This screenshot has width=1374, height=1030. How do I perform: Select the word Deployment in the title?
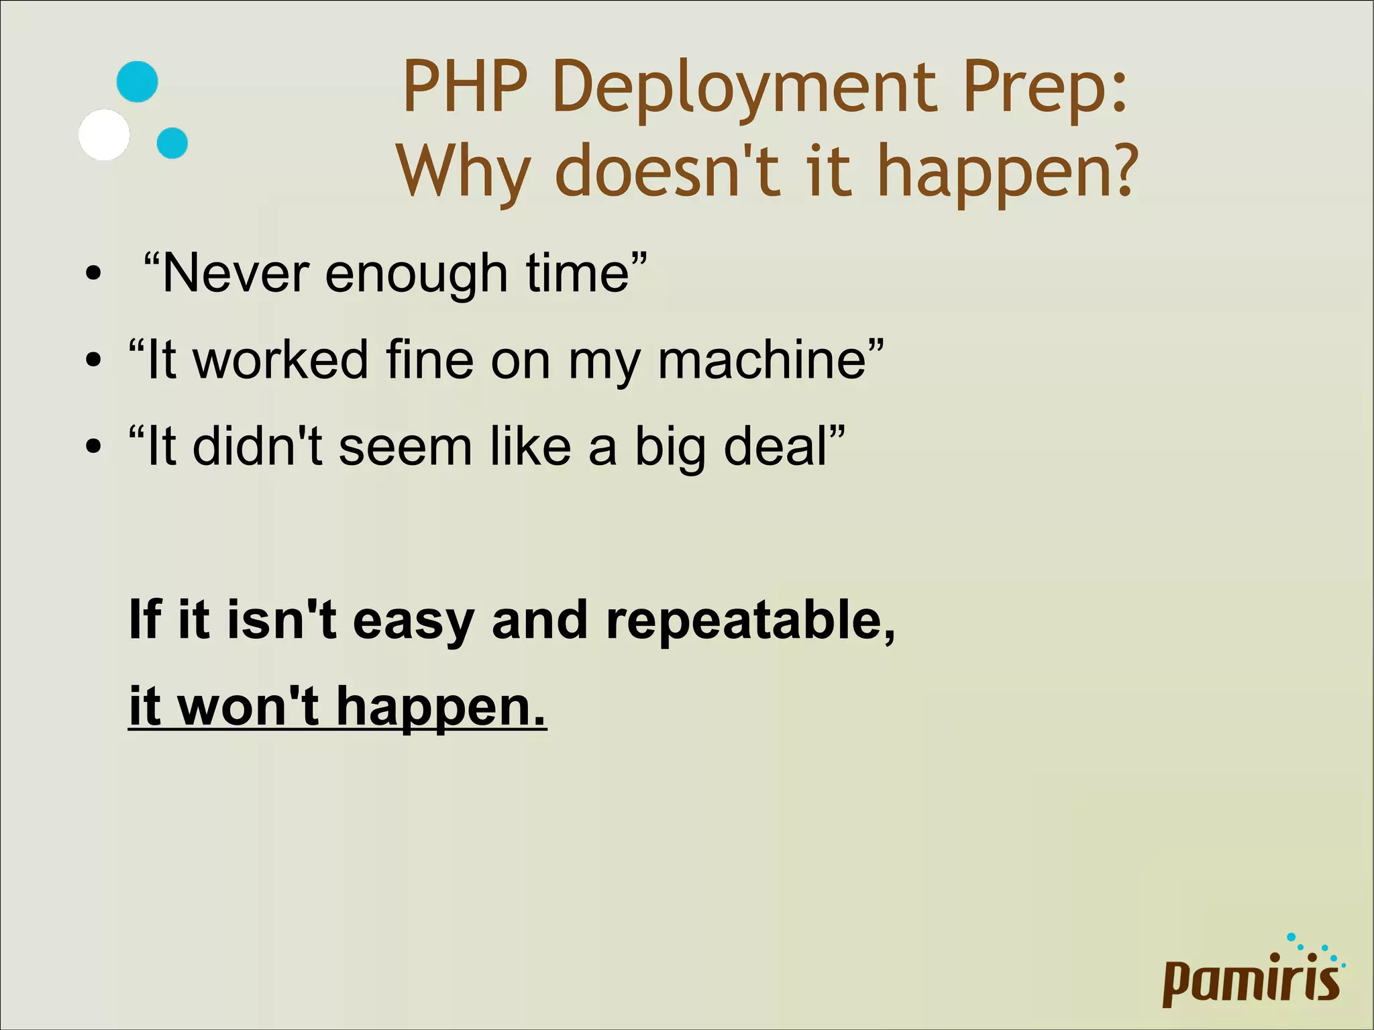(744, 89)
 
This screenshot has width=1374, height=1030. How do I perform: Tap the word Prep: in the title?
(1045, 89)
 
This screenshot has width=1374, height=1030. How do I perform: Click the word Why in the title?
(463, 173)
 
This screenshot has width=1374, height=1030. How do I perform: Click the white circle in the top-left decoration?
(104, 135)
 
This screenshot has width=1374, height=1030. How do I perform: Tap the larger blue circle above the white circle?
(138, 82)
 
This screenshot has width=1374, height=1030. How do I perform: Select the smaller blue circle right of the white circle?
(172, 143)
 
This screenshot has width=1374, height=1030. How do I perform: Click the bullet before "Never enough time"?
(94, 274)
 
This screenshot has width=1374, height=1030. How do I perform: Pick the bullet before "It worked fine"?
(94, 360)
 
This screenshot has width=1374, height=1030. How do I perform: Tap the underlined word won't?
(248, 706)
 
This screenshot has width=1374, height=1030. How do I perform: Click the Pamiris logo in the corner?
(1252, 973)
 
